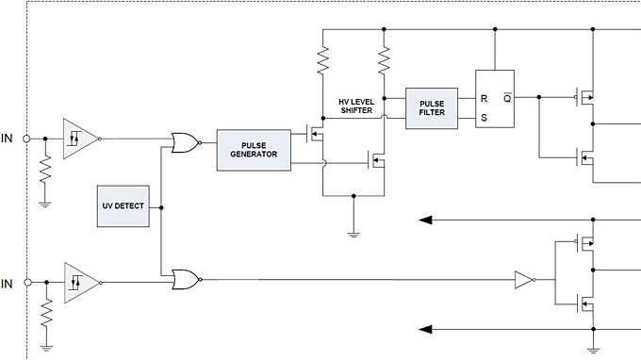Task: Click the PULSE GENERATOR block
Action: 254,150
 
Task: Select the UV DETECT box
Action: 123,206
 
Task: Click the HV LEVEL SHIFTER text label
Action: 356,106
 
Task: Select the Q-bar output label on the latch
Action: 506,97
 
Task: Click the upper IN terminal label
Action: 8,139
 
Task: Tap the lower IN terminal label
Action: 8,283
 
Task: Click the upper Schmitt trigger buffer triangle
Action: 77,139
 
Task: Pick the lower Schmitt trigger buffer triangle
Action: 77,282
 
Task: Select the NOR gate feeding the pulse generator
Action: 185,142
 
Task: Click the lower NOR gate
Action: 185,279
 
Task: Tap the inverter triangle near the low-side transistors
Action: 523,279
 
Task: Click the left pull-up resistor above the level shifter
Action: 322,61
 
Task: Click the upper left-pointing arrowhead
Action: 426,221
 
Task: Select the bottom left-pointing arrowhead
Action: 426,329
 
